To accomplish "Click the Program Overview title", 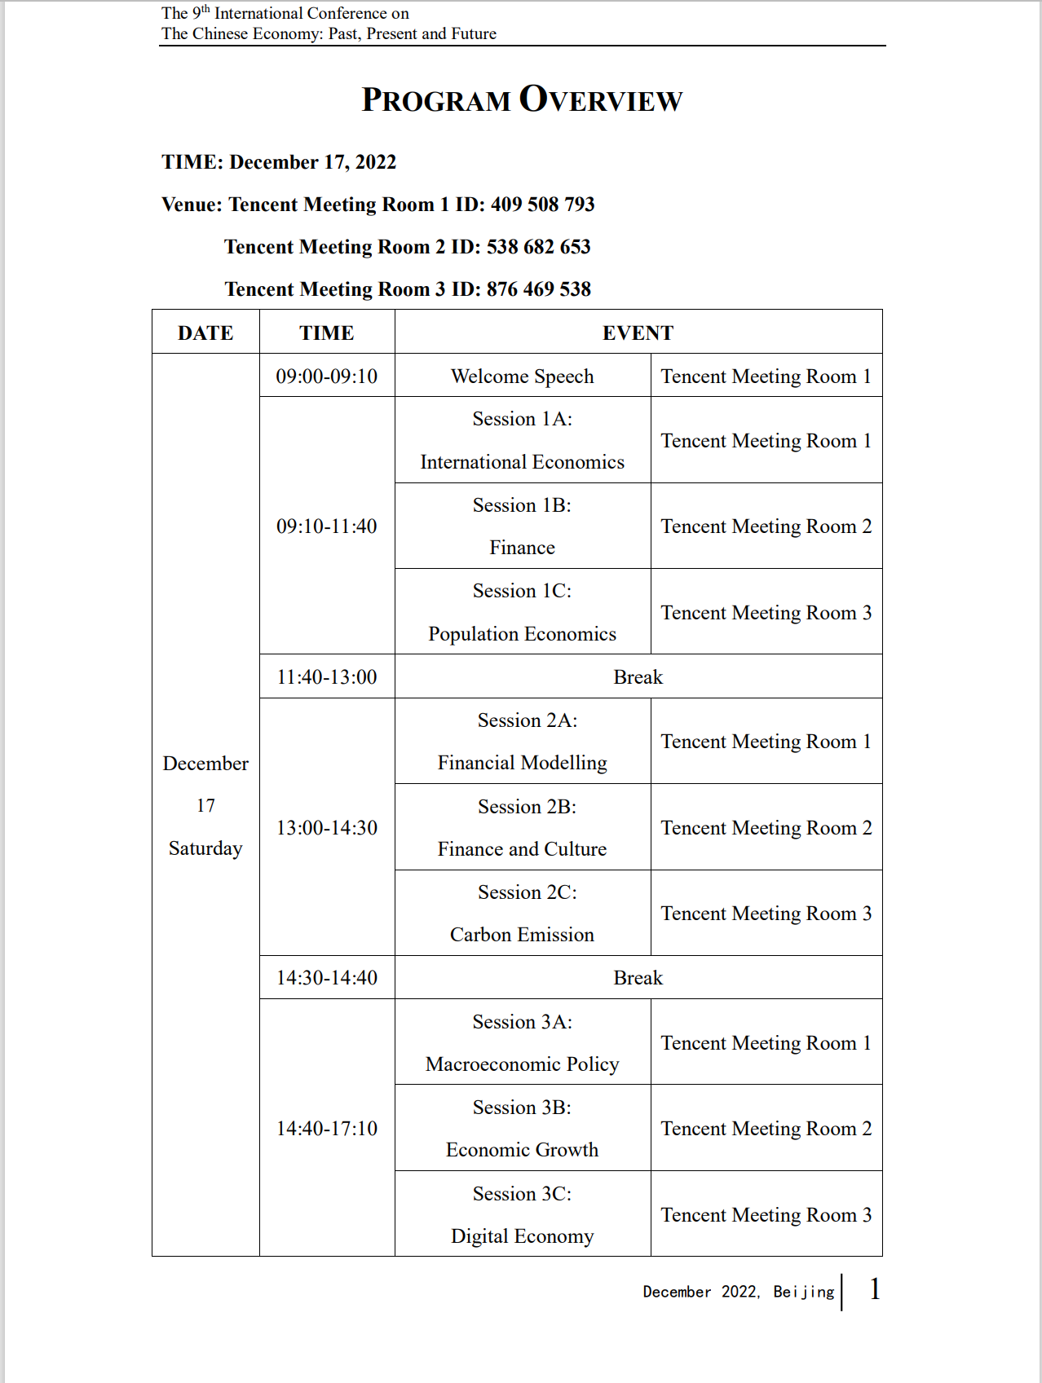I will pos(522,99).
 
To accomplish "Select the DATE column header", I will pos(205,333).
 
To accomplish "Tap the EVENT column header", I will pos(638,333).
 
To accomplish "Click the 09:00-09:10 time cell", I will pos(327,376).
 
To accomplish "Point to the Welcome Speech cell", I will pos(522,376).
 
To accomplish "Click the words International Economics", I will pos(522,462).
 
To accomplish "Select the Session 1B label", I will pos(522,505).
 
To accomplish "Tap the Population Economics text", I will pos(522,634).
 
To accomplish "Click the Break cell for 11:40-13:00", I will pos(638,677).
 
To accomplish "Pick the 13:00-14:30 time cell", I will pos(327,828).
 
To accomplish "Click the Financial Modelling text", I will pos(522,763).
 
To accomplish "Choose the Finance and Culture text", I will pos(522,849).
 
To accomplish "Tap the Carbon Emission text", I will pos(522,935).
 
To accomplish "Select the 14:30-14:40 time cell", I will pos(327,978).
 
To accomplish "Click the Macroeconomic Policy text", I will pos(522,1064).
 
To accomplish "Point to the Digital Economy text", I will pos(522,1236).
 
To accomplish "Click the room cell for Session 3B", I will pos(766,1129).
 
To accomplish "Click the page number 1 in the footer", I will pos(875,1289).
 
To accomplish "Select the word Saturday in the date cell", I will pos(205,848).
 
